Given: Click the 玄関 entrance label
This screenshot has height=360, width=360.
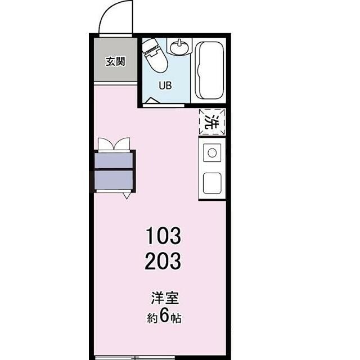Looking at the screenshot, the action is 115,61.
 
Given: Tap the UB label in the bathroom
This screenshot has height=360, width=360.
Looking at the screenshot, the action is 165,85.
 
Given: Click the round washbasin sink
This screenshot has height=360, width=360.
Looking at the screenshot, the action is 179,47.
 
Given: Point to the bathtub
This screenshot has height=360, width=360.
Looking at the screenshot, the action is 209,70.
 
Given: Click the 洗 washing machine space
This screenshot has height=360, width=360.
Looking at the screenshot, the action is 211,121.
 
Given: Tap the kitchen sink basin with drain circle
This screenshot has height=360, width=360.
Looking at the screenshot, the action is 212,152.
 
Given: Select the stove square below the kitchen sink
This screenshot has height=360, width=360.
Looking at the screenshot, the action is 212,183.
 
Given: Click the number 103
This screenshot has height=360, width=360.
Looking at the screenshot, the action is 163,236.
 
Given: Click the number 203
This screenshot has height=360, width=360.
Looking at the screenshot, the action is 163,261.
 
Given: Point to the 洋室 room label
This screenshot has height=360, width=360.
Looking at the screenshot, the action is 165,298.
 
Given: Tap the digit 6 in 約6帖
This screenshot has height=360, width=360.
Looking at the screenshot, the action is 164,317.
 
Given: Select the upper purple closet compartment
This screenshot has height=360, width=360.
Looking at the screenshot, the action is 114,160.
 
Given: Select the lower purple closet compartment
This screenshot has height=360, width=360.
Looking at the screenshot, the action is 114,179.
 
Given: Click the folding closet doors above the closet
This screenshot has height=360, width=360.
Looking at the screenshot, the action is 114,144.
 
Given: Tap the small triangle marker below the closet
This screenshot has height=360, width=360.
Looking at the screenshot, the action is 127,196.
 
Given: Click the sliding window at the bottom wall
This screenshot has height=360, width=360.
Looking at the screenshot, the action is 135,358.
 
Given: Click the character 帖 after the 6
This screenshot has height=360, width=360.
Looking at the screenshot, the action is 175,318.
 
